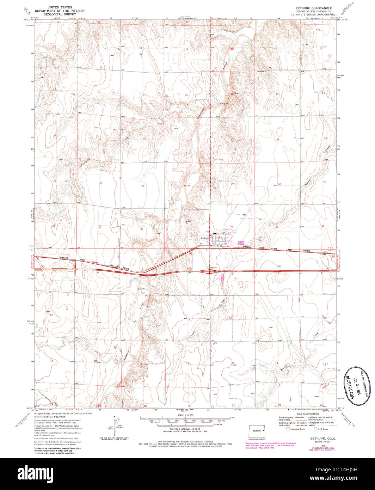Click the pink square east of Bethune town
241,243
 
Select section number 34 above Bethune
232,226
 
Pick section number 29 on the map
143,186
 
